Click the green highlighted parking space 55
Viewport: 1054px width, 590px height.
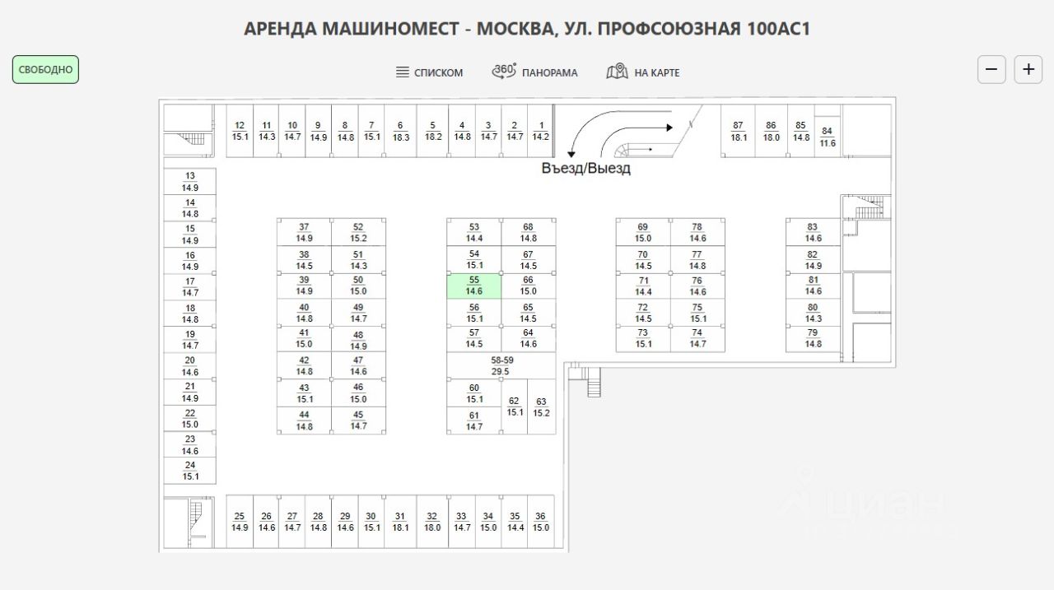[473, 286]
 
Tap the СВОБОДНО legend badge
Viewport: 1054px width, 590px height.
[45, 70]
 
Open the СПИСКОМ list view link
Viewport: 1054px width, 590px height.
[429, 72]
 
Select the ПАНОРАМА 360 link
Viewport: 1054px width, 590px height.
[534, 72]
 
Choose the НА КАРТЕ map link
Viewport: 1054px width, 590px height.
[643, 72]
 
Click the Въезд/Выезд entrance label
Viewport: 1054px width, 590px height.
[585, 169]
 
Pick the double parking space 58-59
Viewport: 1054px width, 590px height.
[501, 366]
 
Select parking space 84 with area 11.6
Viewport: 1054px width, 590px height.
[828, 137]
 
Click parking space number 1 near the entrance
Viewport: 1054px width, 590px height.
[540, 131]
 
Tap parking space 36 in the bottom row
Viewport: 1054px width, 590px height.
[540, 522]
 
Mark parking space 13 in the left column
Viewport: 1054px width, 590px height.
[190, 182]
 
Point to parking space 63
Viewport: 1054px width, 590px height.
[541, 407]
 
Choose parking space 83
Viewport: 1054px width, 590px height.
[813, 232]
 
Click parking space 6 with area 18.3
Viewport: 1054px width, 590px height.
[401, 131]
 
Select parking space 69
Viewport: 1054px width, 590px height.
[643, 232]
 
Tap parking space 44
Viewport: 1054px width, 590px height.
[304, 420]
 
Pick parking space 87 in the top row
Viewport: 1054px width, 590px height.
[738, 131]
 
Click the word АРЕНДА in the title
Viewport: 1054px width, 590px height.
[280, 29]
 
